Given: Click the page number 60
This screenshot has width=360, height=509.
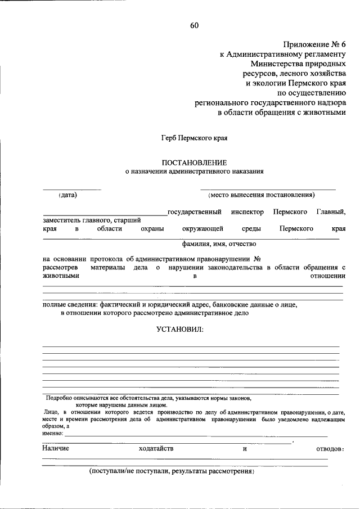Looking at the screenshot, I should click(194, 25).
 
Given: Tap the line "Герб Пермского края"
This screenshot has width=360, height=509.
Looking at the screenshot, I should click(194, 137).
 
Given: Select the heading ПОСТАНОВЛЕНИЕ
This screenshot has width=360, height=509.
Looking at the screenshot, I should click(194, 161).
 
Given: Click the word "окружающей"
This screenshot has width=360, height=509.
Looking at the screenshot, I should click(202, 228).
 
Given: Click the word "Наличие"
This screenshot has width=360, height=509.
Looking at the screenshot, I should click(56, 448).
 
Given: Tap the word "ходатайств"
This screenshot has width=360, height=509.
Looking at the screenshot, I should click(156, 448).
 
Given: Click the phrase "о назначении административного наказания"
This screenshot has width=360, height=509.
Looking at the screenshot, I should click(194, 170).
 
